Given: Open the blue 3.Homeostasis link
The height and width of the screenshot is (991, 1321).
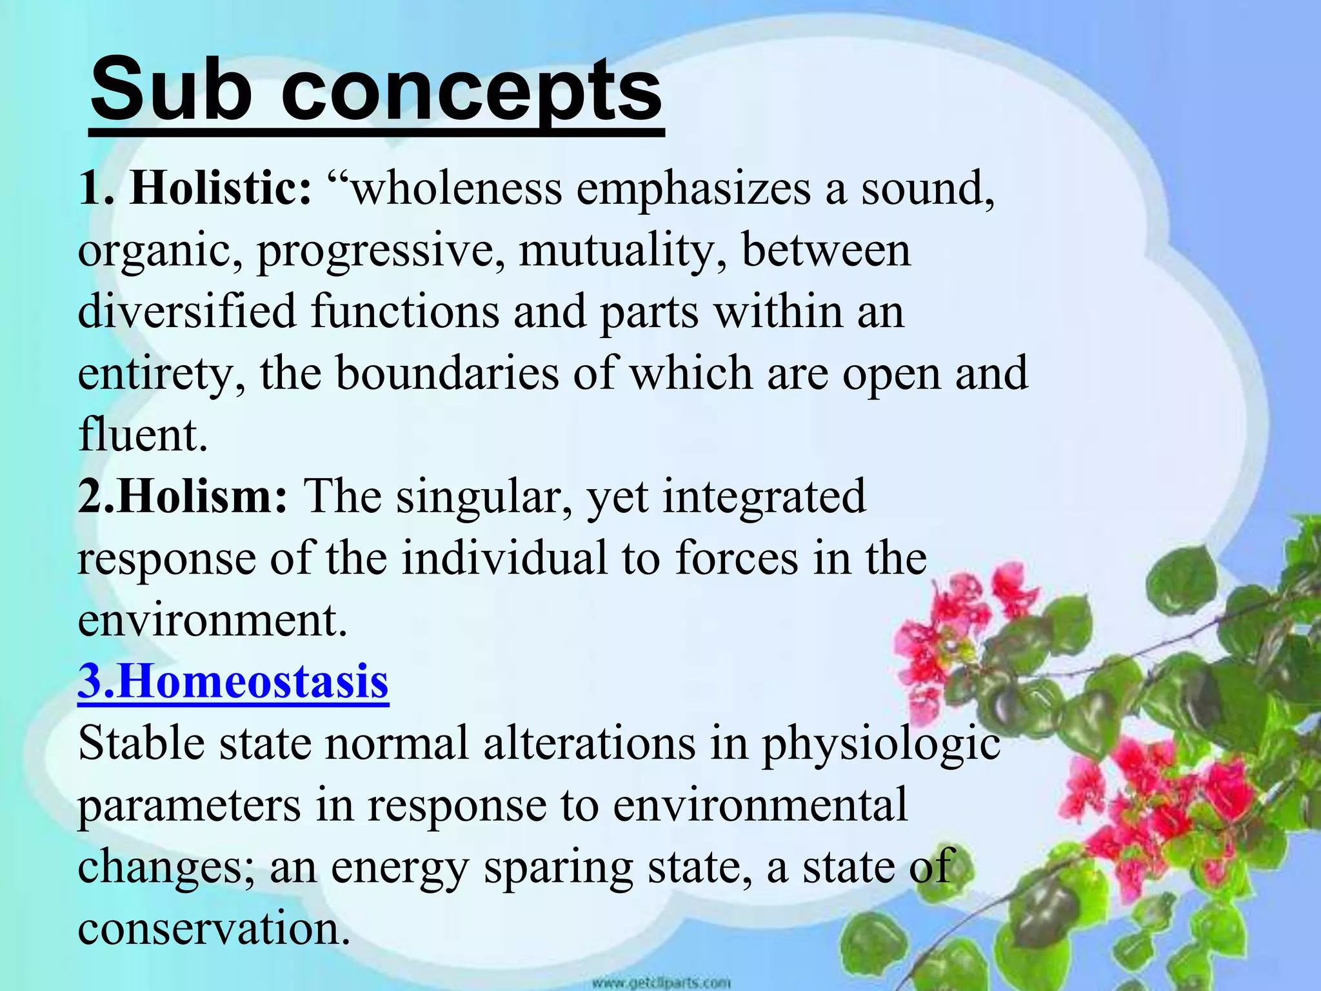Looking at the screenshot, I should coord(233,681).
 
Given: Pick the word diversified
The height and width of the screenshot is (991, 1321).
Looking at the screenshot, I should coord(186,311).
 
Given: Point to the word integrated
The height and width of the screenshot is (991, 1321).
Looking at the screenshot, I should coord(764,496).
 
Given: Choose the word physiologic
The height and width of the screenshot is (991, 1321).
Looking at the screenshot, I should coord(880,744).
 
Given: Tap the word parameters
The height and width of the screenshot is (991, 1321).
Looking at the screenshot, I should coord(189,806).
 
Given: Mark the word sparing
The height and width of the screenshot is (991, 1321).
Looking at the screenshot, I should coord(559,868).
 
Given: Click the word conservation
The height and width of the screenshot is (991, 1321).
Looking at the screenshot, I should coord(214,928).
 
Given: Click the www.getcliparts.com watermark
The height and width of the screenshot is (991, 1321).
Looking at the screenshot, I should coord(660,983).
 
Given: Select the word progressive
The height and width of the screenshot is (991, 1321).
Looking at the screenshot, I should coord(381,251).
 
